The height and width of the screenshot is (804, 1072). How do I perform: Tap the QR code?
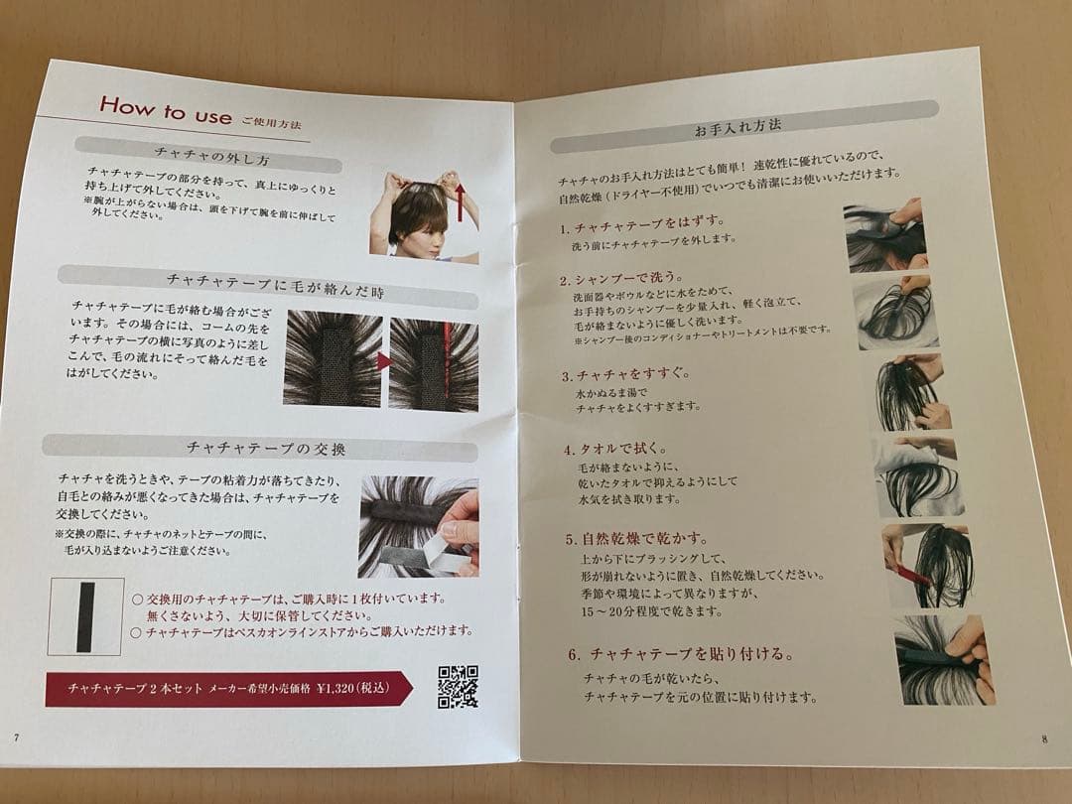point(458,687)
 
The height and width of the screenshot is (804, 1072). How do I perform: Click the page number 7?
point(17,737)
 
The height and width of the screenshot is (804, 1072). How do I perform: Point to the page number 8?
point(1044,738)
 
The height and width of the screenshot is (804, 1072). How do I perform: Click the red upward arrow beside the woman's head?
point(461,203)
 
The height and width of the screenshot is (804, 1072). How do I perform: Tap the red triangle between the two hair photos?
point(384,361)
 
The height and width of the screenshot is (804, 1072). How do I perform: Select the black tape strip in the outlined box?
point(85,617)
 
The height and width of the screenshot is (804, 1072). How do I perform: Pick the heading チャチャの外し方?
point(212,157)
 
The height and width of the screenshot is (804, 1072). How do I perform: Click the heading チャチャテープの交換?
point(266,449)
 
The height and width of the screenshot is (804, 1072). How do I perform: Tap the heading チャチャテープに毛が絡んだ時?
point(276,286)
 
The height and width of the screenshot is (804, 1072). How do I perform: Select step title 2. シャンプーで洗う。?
point(620,279)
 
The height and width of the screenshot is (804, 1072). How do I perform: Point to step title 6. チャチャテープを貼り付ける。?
point(682,654)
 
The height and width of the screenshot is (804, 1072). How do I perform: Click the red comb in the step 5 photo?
point(913,576)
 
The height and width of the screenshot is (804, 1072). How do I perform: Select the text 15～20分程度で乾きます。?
point(651,610)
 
